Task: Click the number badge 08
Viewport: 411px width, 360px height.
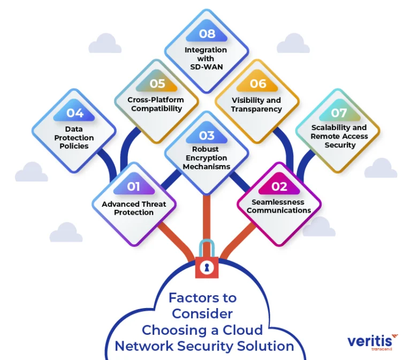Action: [x=207, y=34]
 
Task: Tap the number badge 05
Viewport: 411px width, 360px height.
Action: [x=157, y=84]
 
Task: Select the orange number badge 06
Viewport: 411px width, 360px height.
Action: [x=257, y=84]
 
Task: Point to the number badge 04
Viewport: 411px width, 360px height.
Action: [x=75, y=113]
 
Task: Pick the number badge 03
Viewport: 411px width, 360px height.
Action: [x=207, y=136]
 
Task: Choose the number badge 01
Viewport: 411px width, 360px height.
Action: [x=134, y=186]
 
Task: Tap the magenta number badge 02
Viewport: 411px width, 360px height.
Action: [x=279, y=186]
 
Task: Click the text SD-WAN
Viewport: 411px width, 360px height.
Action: [x=206, y=66]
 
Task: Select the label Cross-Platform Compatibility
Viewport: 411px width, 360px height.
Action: [x=156, y=104]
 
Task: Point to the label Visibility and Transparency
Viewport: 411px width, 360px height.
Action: [x=256, y=104]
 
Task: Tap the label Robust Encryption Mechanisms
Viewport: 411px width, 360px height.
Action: [x=207, y=157]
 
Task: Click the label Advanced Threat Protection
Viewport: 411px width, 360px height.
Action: [x=134, y=208]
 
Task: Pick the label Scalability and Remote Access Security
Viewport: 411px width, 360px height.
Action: [x=339, y=136]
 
